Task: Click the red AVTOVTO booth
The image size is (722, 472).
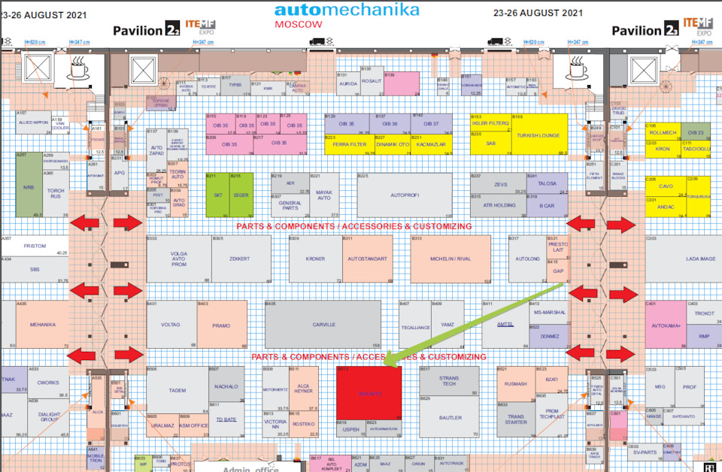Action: click(369, 393)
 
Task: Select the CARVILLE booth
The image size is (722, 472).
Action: click(323, 324)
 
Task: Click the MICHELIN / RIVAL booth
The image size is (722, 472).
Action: click(450, 259)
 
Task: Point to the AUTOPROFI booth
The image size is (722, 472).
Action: click(405, 195)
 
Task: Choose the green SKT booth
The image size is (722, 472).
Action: click(217, 195)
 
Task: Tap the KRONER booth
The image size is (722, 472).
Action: click(315, 259)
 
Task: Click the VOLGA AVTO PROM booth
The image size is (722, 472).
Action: click(178, 259)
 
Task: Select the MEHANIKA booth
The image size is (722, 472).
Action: click(42, 324)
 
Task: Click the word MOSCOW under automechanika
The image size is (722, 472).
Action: click(299, 24)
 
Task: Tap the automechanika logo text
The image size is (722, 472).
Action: click(346, 10)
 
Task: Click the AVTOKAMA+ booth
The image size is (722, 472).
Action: click(665, 325)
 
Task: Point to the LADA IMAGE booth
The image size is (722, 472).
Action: click(699, 259)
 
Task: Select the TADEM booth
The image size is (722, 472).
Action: click(177, 391)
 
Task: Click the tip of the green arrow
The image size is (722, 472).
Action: click(384, 366)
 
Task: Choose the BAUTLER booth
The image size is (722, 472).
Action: click(450, 417)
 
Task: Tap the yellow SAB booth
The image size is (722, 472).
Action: click(490, 144)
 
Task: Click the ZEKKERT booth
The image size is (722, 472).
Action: click(240, 259)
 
